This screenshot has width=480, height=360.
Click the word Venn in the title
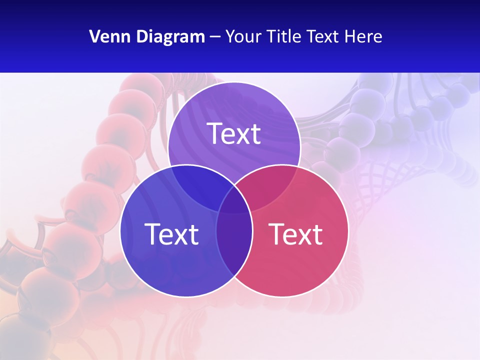[x=106, y=36]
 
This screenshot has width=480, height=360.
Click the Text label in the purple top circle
[x=234, y=133]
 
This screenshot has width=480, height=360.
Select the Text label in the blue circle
[x=171, y=234]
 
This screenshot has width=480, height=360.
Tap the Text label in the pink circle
[x=295, y=234]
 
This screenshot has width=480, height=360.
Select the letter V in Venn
[x=94, y=36]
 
